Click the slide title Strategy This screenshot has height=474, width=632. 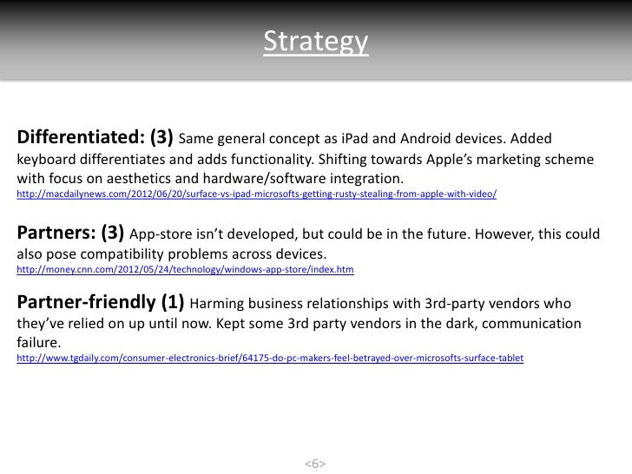coord(316,41)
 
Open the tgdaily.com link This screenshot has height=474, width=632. coord(270,359)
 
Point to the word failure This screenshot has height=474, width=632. coord(40,343)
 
